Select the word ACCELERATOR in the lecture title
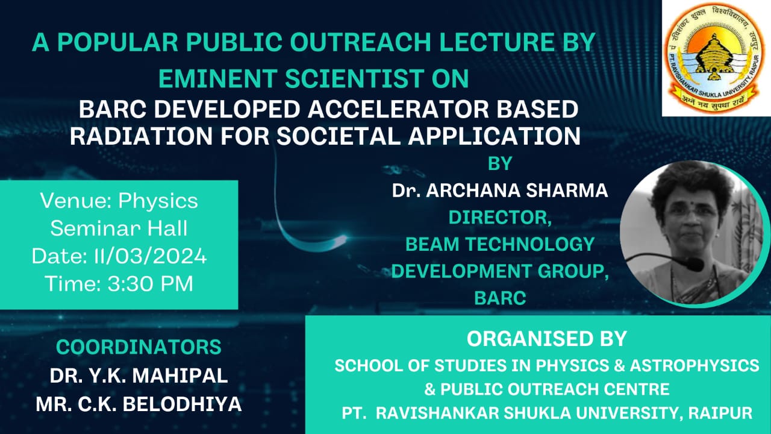(398, 110)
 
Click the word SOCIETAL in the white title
(339, 136)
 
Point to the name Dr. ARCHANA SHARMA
(500, 190)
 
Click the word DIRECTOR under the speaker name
(498, 218)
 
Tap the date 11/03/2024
(151, 256)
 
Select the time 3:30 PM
(151, 284)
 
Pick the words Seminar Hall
(119, 228)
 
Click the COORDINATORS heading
(139, 347)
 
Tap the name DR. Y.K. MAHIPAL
(139, 376)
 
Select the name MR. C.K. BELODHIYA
(139, 404)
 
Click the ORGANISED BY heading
(546, 339)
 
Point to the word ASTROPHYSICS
(695, 365)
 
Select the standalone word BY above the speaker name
(500, 163)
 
